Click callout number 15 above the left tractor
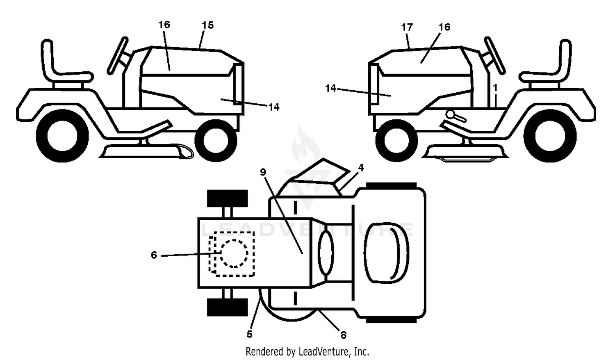[207, 25]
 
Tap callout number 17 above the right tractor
[407, 27]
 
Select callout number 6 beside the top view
[154, 255]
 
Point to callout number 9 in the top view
[263, 172]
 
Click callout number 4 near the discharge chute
[361, 168]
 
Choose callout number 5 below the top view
[249, 334]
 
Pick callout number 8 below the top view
[343, 335]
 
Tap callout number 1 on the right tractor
[495, 88]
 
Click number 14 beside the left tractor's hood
[274, 107]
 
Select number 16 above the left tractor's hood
[164, 25]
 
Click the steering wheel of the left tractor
[118, 56]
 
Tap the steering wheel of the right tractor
[495, 56]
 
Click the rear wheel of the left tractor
[62, 136]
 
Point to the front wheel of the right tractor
[397, 141]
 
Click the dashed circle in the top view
[234, 253]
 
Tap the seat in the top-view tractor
[386, 253]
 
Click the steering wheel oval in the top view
[326, 252]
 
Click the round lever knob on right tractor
[450, 114]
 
